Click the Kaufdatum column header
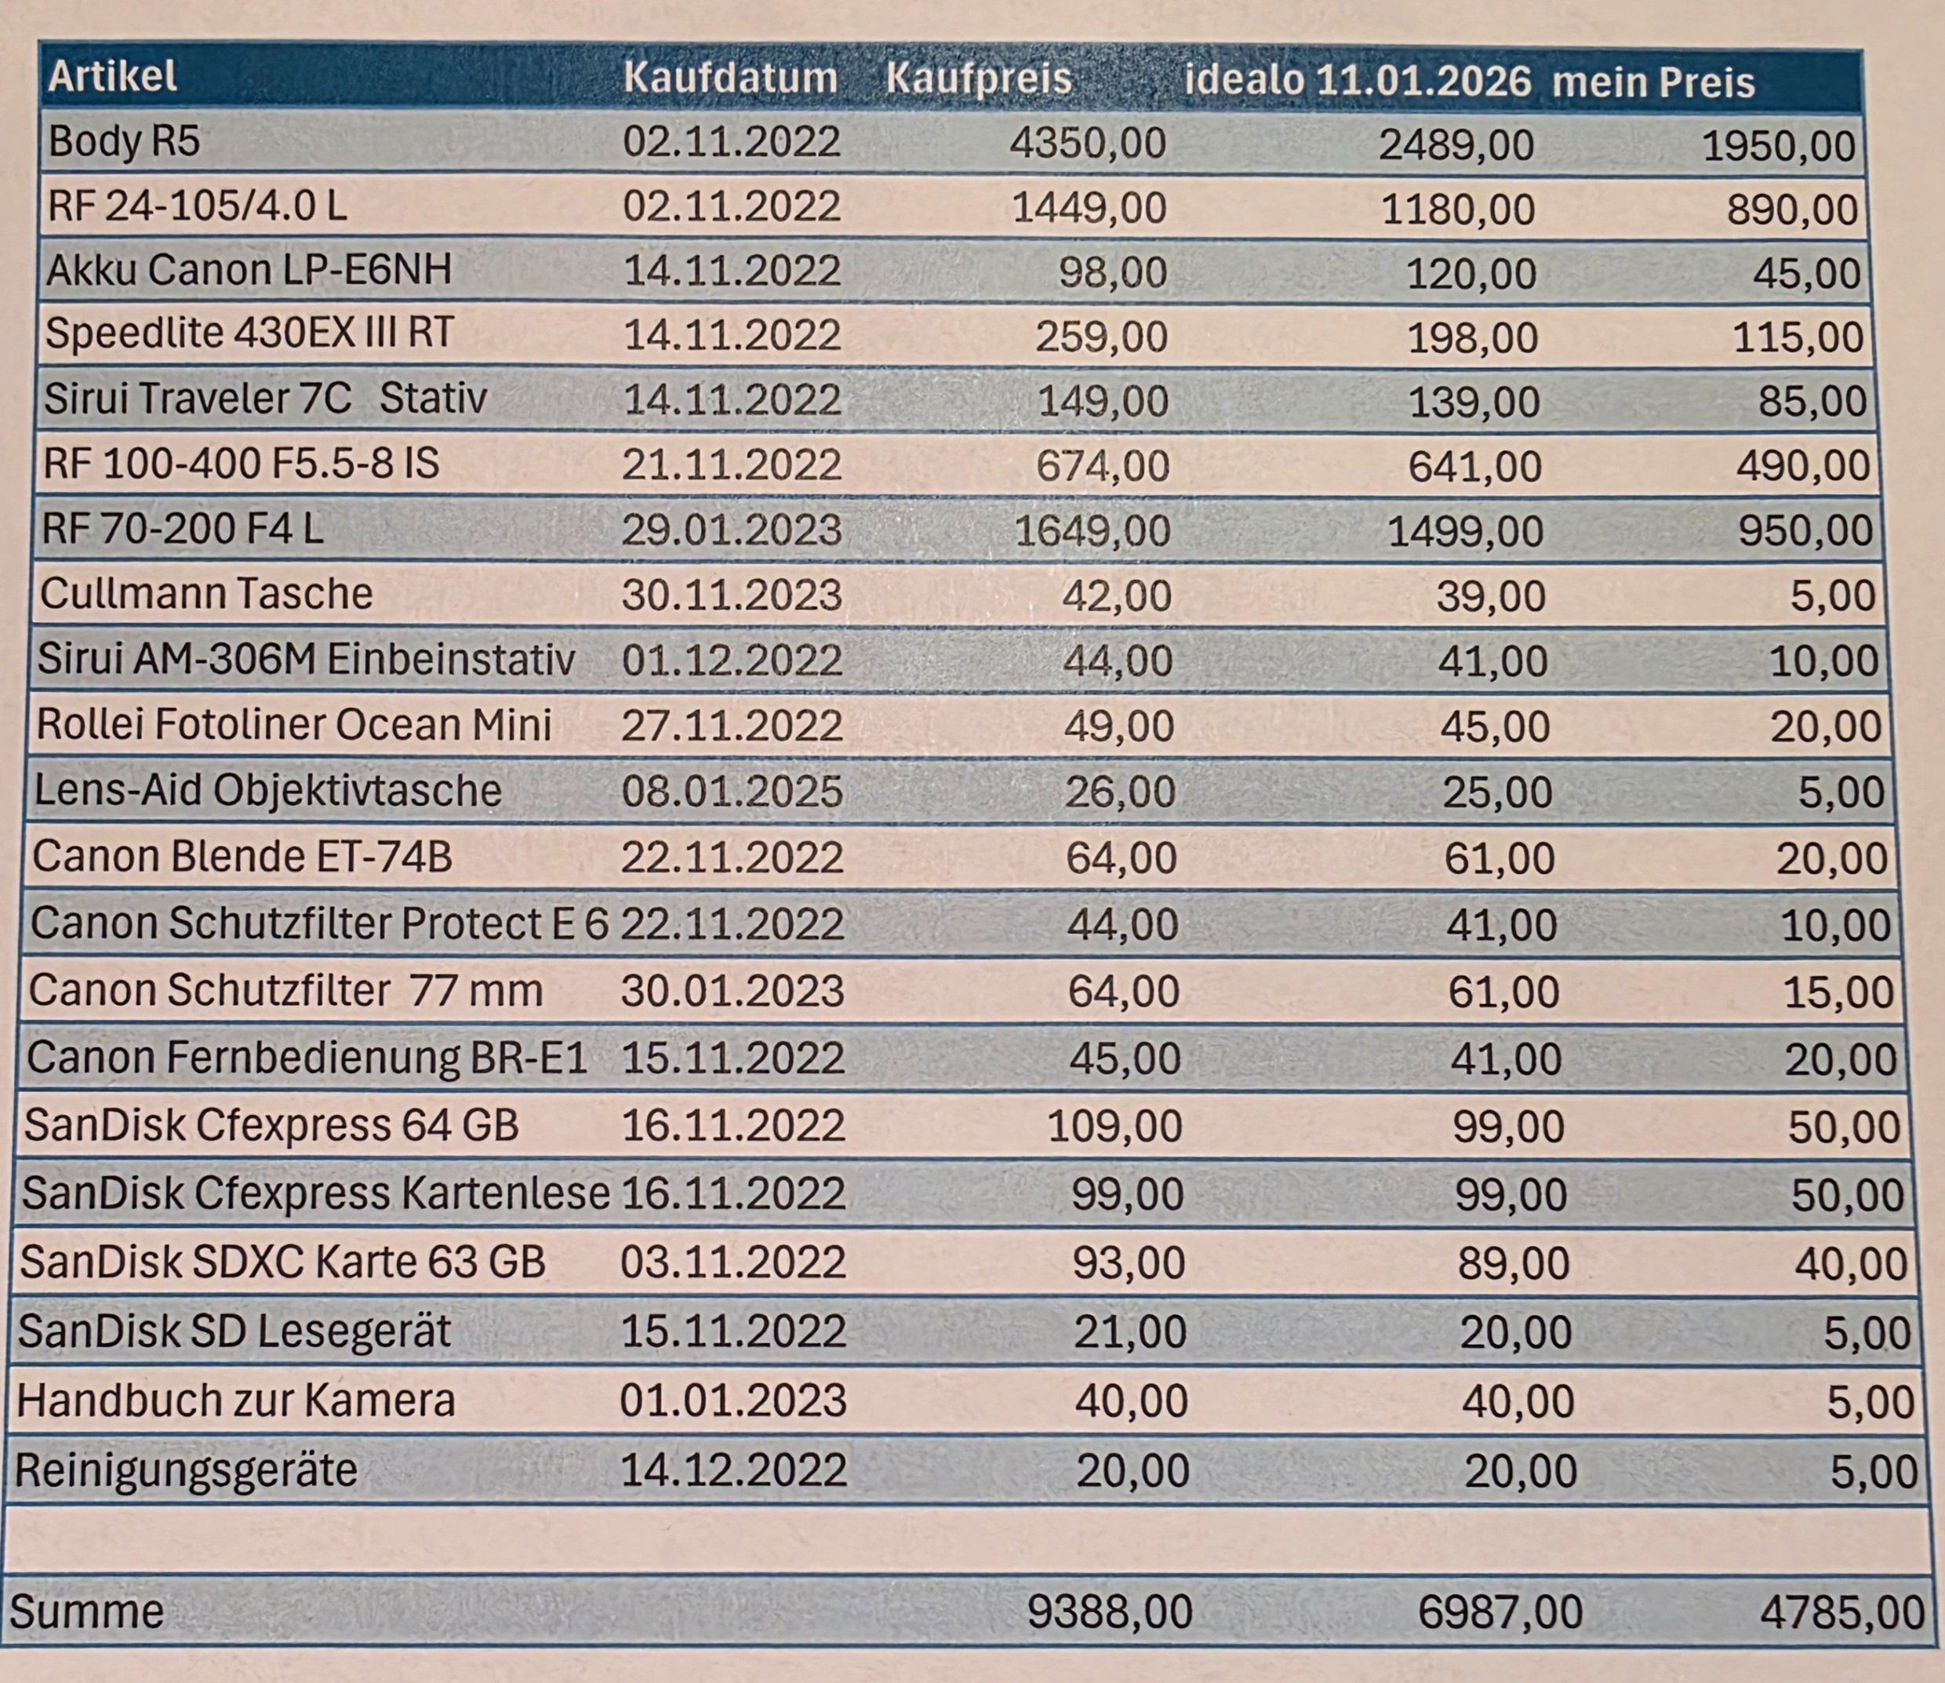[x=729, y=77]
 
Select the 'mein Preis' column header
[x=1653, y=82]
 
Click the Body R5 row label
[x=124, y=142]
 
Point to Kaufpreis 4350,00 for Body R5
[x=1087, y=144]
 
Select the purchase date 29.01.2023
[x=731, y=530]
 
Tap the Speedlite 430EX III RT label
[x=249, y=333]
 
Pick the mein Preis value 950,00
[x=1805, y=531]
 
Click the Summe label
[x=87, y=1612]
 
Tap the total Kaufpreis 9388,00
[x=1110, y=1612]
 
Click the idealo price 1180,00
[x=1458, y=209]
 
